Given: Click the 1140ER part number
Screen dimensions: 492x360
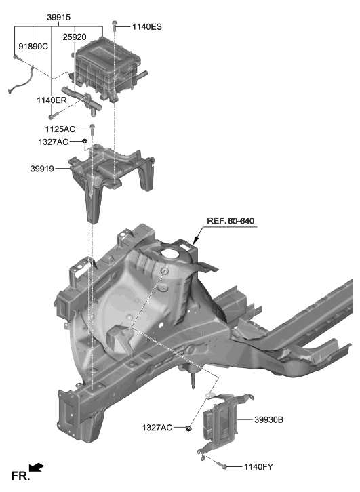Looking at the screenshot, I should [x=52, y=100].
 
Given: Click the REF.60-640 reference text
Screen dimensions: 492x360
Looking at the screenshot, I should [x=232, y=222].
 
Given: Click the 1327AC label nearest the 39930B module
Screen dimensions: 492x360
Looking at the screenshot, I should [x=157, y=428].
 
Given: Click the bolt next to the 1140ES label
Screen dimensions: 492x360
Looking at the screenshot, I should [x=116, y=26].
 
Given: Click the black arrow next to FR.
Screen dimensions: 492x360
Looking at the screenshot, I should [x=37, y=468].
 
